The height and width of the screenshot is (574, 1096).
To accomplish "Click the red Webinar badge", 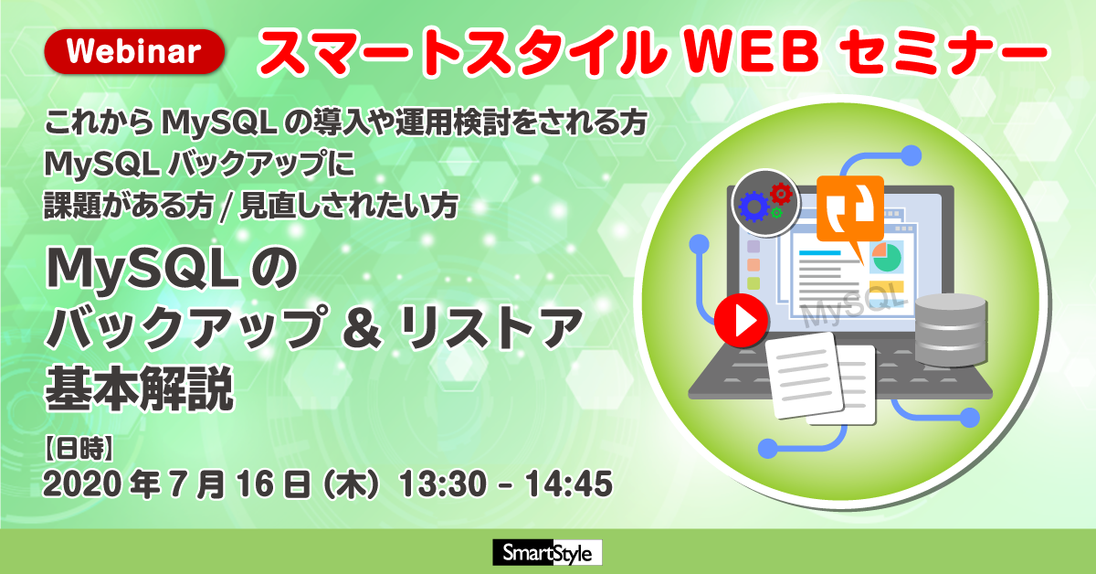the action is [x=134, y=51].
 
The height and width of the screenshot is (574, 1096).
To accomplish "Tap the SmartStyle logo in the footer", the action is [x=547, y=552].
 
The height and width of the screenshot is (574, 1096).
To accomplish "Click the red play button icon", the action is [x=741, y=320].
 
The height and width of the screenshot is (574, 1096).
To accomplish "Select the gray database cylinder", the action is [x=950, y=330].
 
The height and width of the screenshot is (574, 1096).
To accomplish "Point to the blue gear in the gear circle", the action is [x=754, y=207].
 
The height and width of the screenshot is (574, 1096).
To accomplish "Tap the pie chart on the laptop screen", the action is [x=887, y=258].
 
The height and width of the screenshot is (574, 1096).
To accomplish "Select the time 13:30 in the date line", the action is [x=444, y=484].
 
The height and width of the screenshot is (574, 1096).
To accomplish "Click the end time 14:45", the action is [x=569, y=484].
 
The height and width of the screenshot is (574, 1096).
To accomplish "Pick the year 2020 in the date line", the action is [x=83, y=484].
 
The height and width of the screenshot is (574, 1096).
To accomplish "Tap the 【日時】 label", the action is [x=79, y=449].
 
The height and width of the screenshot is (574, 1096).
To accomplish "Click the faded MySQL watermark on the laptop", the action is [x=854, y=305].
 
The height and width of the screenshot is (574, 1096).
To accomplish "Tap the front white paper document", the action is [x=805, y=375].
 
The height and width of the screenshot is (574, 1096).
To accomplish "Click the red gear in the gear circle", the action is [x=781, y=195].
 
